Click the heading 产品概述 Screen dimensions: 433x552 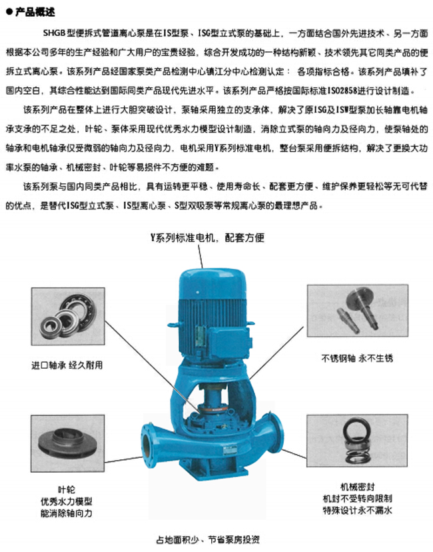[35, 11]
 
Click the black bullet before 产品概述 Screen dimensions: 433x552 [9, 12]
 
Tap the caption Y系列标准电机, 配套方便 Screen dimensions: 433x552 [208, 237]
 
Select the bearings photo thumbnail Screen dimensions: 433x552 [68, 316]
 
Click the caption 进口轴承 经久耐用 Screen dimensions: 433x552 [67, 365]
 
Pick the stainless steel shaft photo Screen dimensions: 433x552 [358, 311]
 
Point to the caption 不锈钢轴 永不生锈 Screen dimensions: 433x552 [357, 359]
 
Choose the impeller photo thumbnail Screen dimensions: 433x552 [67, 443]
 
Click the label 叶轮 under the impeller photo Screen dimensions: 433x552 [67, 490]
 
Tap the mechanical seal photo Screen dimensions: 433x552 [357, 441]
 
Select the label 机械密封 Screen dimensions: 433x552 [357, 487]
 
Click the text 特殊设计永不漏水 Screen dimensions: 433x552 [357, 510]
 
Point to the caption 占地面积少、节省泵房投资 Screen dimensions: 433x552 [208, 539]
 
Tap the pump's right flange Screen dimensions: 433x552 [274, 433]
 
